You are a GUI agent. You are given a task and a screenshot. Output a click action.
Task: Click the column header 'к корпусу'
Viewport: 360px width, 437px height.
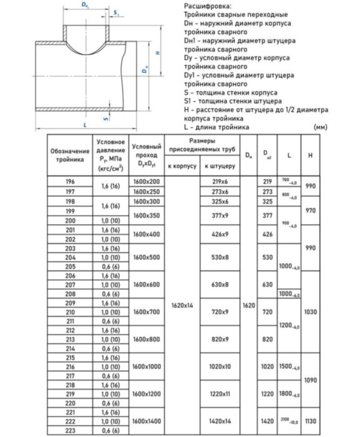coord(182,166)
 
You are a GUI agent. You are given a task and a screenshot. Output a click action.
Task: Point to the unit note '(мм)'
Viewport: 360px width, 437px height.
coord(321,127)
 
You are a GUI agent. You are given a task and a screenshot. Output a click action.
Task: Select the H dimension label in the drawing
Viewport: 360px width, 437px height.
coord(158,54)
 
